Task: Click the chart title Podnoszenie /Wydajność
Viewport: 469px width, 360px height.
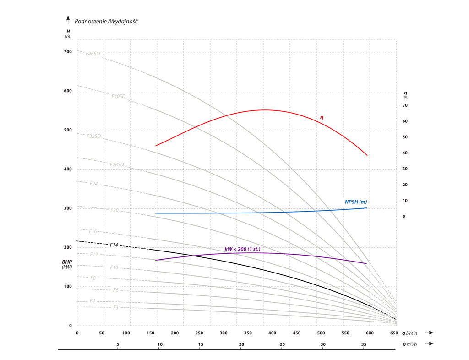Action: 106,21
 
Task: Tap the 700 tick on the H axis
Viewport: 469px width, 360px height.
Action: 68,52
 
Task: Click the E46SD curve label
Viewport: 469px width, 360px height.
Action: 93,54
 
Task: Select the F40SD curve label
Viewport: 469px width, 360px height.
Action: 118,96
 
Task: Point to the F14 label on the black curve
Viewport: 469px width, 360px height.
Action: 114,245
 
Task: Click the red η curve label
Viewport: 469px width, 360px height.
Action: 322,118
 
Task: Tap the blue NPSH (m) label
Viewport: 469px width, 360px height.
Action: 356,202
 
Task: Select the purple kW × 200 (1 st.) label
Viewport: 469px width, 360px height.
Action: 242,249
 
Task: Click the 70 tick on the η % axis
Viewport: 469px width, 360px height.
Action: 405,105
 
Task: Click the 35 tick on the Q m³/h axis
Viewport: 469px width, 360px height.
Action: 364,344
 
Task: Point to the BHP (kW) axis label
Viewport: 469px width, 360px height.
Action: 67,264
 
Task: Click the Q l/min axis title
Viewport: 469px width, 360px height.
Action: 410,333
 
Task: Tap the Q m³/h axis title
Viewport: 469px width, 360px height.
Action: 410,344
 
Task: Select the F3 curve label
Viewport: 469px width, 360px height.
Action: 116,308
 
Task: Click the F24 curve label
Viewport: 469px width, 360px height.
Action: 94,184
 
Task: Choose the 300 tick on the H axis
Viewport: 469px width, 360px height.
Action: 68,208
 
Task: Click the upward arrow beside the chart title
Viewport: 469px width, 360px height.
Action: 68,20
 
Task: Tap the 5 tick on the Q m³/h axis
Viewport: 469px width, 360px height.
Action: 118,344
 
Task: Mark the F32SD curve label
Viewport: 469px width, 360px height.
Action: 93,136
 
